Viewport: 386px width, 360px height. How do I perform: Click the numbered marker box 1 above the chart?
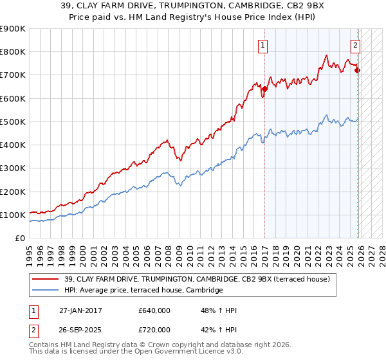click(x=264, y=45)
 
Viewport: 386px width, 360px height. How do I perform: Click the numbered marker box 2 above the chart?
click(x=355, y=45)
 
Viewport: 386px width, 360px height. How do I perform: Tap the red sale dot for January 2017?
click(x=264, y=89)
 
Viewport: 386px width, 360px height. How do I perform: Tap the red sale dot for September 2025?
click(x=358, y=70)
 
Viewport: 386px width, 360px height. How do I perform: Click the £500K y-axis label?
click(x=13, y=122)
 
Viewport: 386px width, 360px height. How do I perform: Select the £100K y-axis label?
click(x=13, y=215)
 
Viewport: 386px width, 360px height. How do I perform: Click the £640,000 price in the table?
click(x=154, y=310)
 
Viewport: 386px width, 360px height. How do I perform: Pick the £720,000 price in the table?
click(x=154, y=329)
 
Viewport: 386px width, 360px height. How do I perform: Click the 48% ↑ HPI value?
click(x=219, y=310)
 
